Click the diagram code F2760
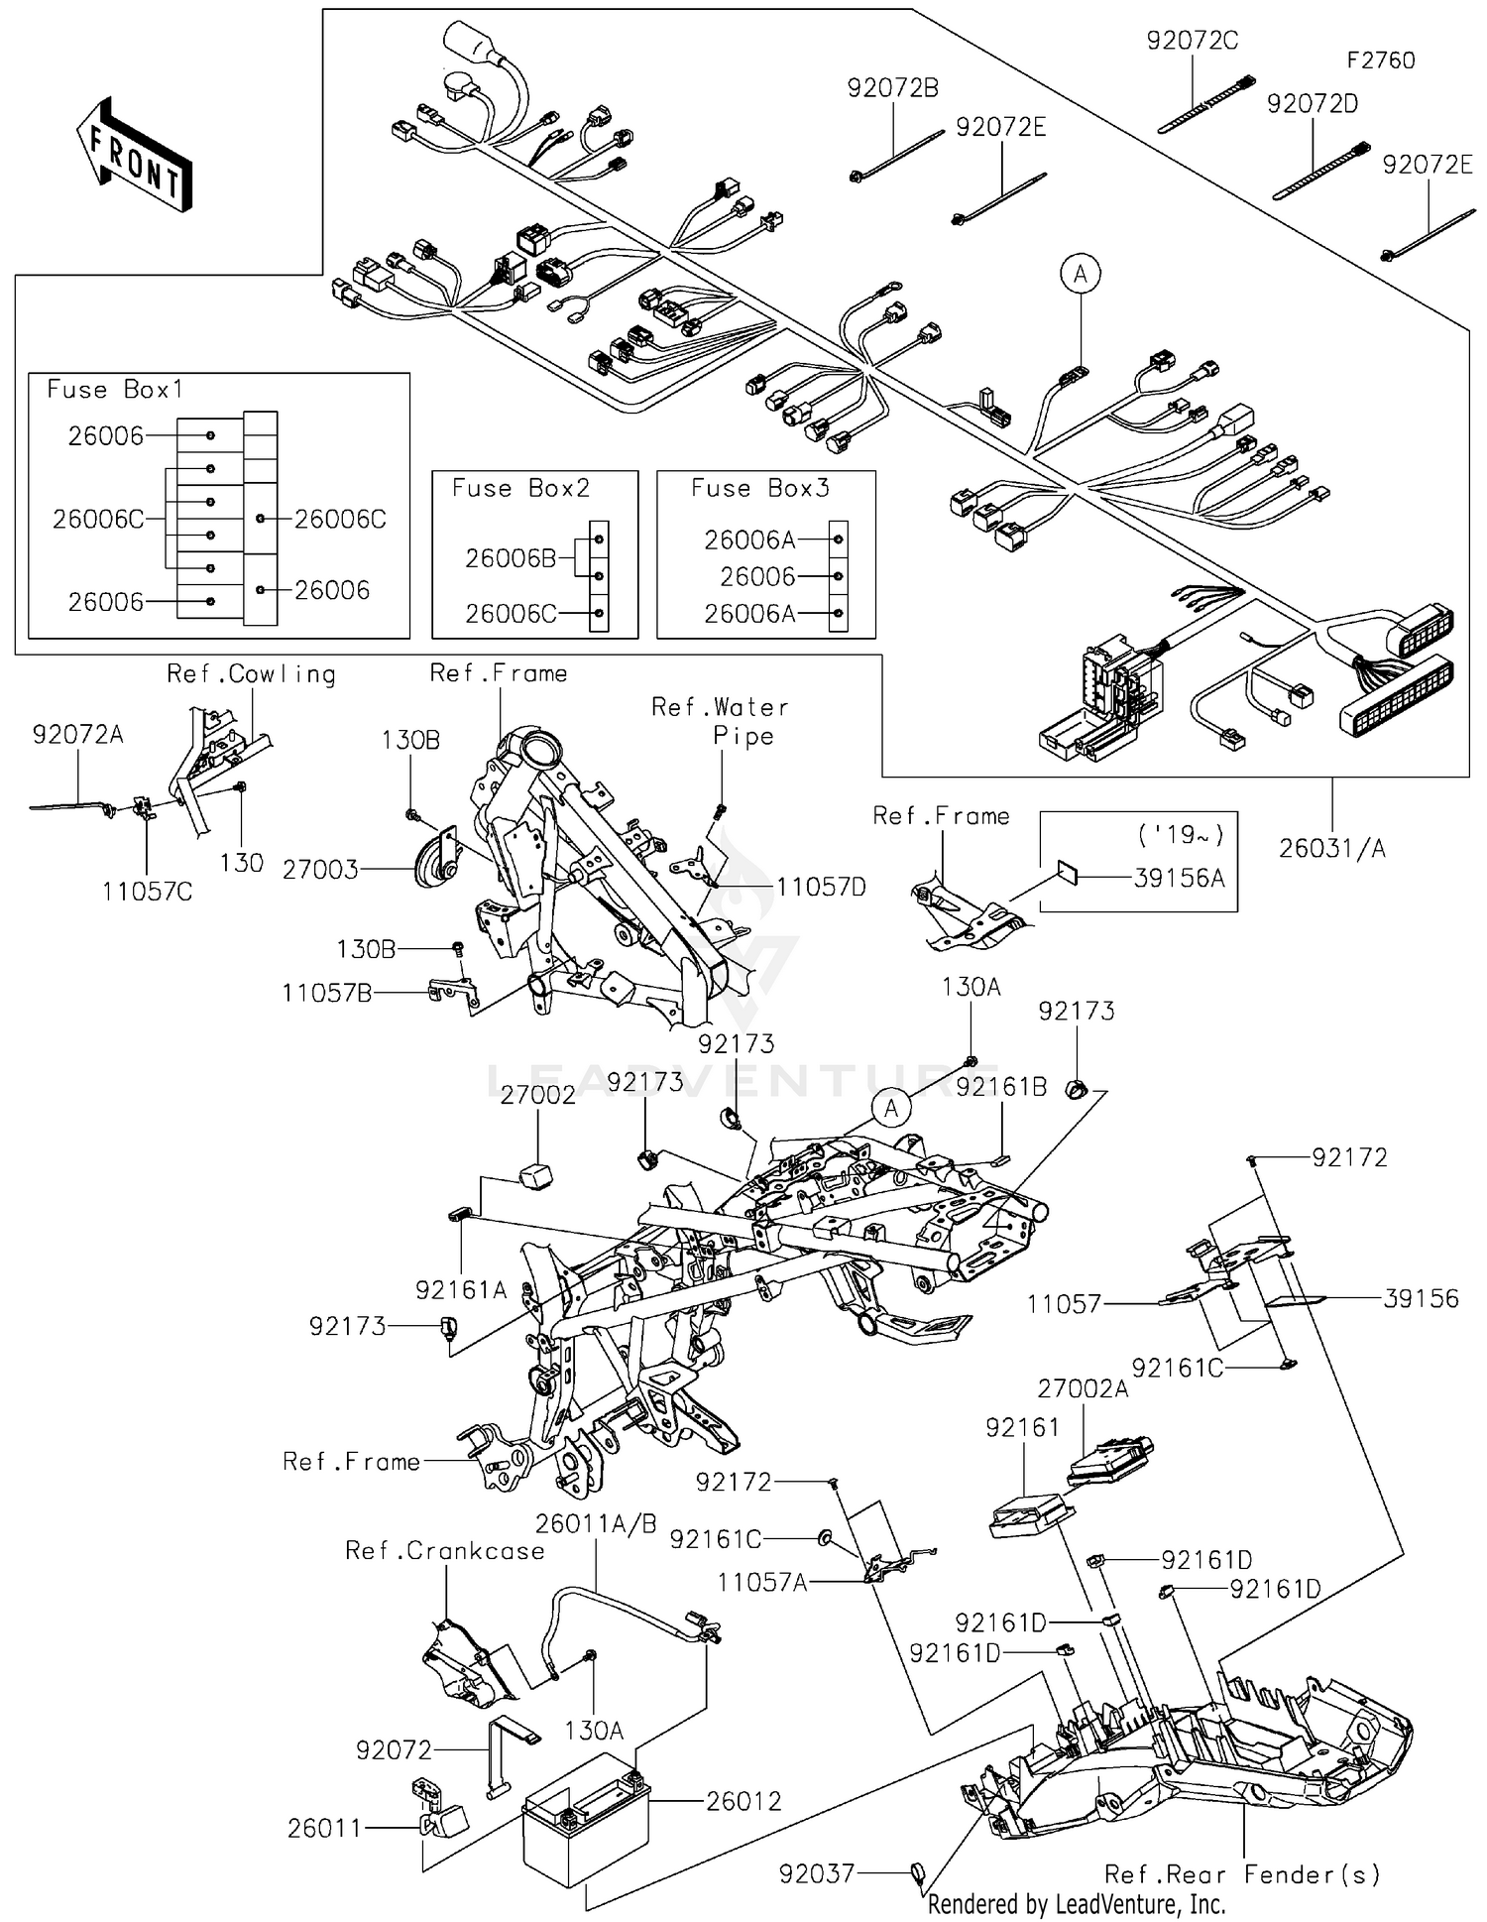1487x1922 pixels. (1380, 60)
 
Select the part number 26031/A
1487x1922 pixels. (1331, 849)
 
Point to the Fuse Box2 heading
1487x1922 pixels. (520, 488)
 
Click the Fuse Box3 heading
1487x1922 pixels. (760, 488)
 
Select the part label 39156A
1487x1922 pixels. (1179, 879)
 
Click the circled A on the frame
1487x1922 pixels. (891, 1108)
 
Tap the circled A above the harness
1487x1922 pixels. (1081, 273)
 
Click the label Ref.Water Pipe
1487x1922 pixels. (721, 721)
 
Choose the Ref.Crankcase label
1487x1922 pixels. (444, 1551)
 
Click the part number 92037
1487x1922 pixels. (816, 1873)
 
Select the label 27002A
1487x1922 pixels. (1083, 1389)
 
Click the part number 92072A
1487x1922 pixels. (77, 735)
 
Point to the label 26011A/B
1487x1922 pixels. (596, 1524)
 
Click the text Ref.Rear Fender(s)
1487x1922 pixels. (1242, 1874)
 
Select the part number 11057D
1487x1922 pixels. (821, 887)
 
